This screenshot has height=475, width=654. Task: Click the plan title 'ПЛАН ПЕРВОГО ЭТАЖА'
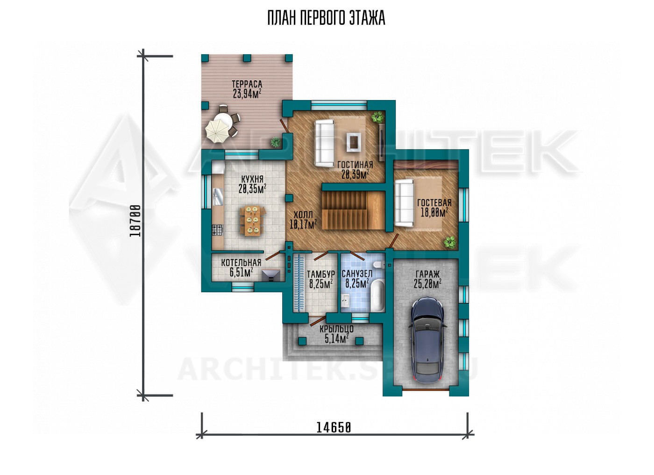pos(327,18)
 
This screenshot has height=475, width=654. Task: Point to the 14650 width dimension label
pos(334,428)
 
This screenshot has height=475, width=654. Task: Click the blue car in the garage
pos(428,340)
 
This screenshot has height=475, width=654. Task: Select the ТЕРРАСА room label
pos(247,84)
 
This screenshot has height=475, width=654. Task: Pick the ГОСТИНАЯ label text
pos(355,165)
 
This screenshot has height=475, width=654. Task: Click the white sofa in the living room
pos(324,144)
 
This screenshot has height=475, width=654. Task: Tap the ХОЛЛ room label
pos(303,215)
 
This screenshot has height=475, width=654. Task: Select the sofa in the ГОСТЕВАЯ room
pos(404,203)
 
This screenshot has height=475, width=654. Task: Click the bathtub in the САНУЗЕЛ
pos(377,295)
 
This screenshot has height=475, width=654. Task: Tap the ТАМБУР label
pos(320,274)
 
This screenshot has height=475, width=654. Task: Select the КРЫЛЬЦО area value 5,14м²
pos(336,338)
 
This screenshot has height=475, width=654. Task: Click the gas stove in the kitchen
pos(217,230)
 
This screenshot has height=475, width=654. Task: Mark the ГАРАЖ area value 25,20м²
pos(427,283)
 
